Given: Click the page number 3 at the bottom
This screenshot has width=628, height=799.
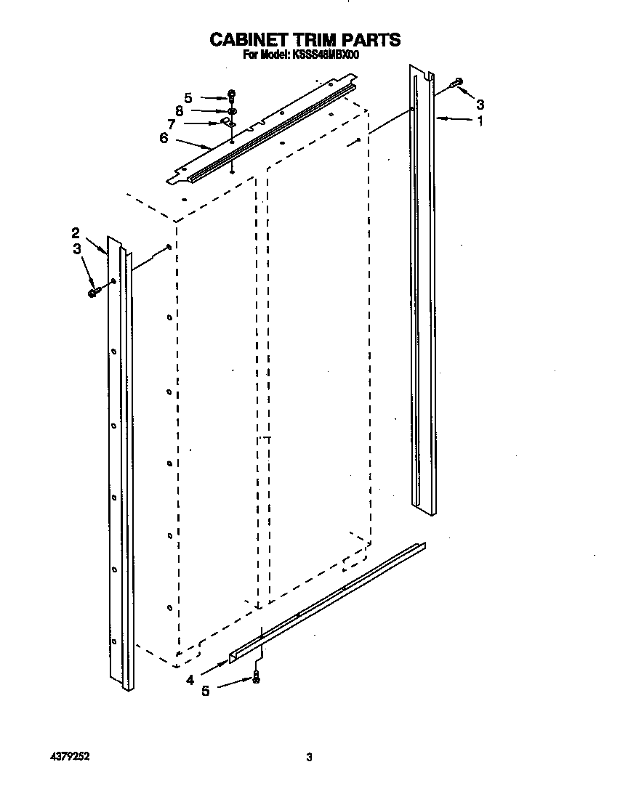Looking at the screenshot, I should coord(309,758).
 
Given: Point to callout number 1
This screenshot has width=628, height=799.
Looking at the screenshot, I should coord(479,122).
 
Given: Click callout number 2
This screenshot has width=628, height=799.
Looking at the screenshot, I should coord(76,232).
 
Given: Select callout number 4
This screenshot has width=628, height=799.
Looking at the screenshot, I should coord(190,680).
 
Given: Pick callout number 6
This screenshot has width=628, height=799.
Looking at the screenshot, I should coord(164,137).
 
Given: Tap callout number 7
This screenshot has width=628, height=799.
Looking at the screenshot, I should coord(172,123).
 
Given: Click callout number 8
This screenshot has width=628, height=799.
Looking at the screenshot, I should coord(179,110).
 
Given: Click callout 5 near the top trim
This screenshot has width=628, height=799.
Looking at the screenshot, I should coord(188,97).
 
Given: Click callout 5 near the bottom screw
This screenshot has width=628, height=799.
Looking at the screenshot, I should coord(206,691).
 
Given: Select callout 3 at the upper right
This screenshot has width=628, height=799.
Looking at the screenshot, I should coord(479,103).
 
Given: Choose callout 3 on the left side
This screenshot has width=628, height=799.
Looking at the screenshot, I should coord(77,250).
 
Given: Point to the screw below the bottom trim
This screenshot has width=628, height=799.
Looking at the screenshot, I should coord(255,679).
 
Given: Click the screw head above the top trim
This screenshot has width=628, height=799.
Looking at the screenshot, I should coord(231,94).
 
